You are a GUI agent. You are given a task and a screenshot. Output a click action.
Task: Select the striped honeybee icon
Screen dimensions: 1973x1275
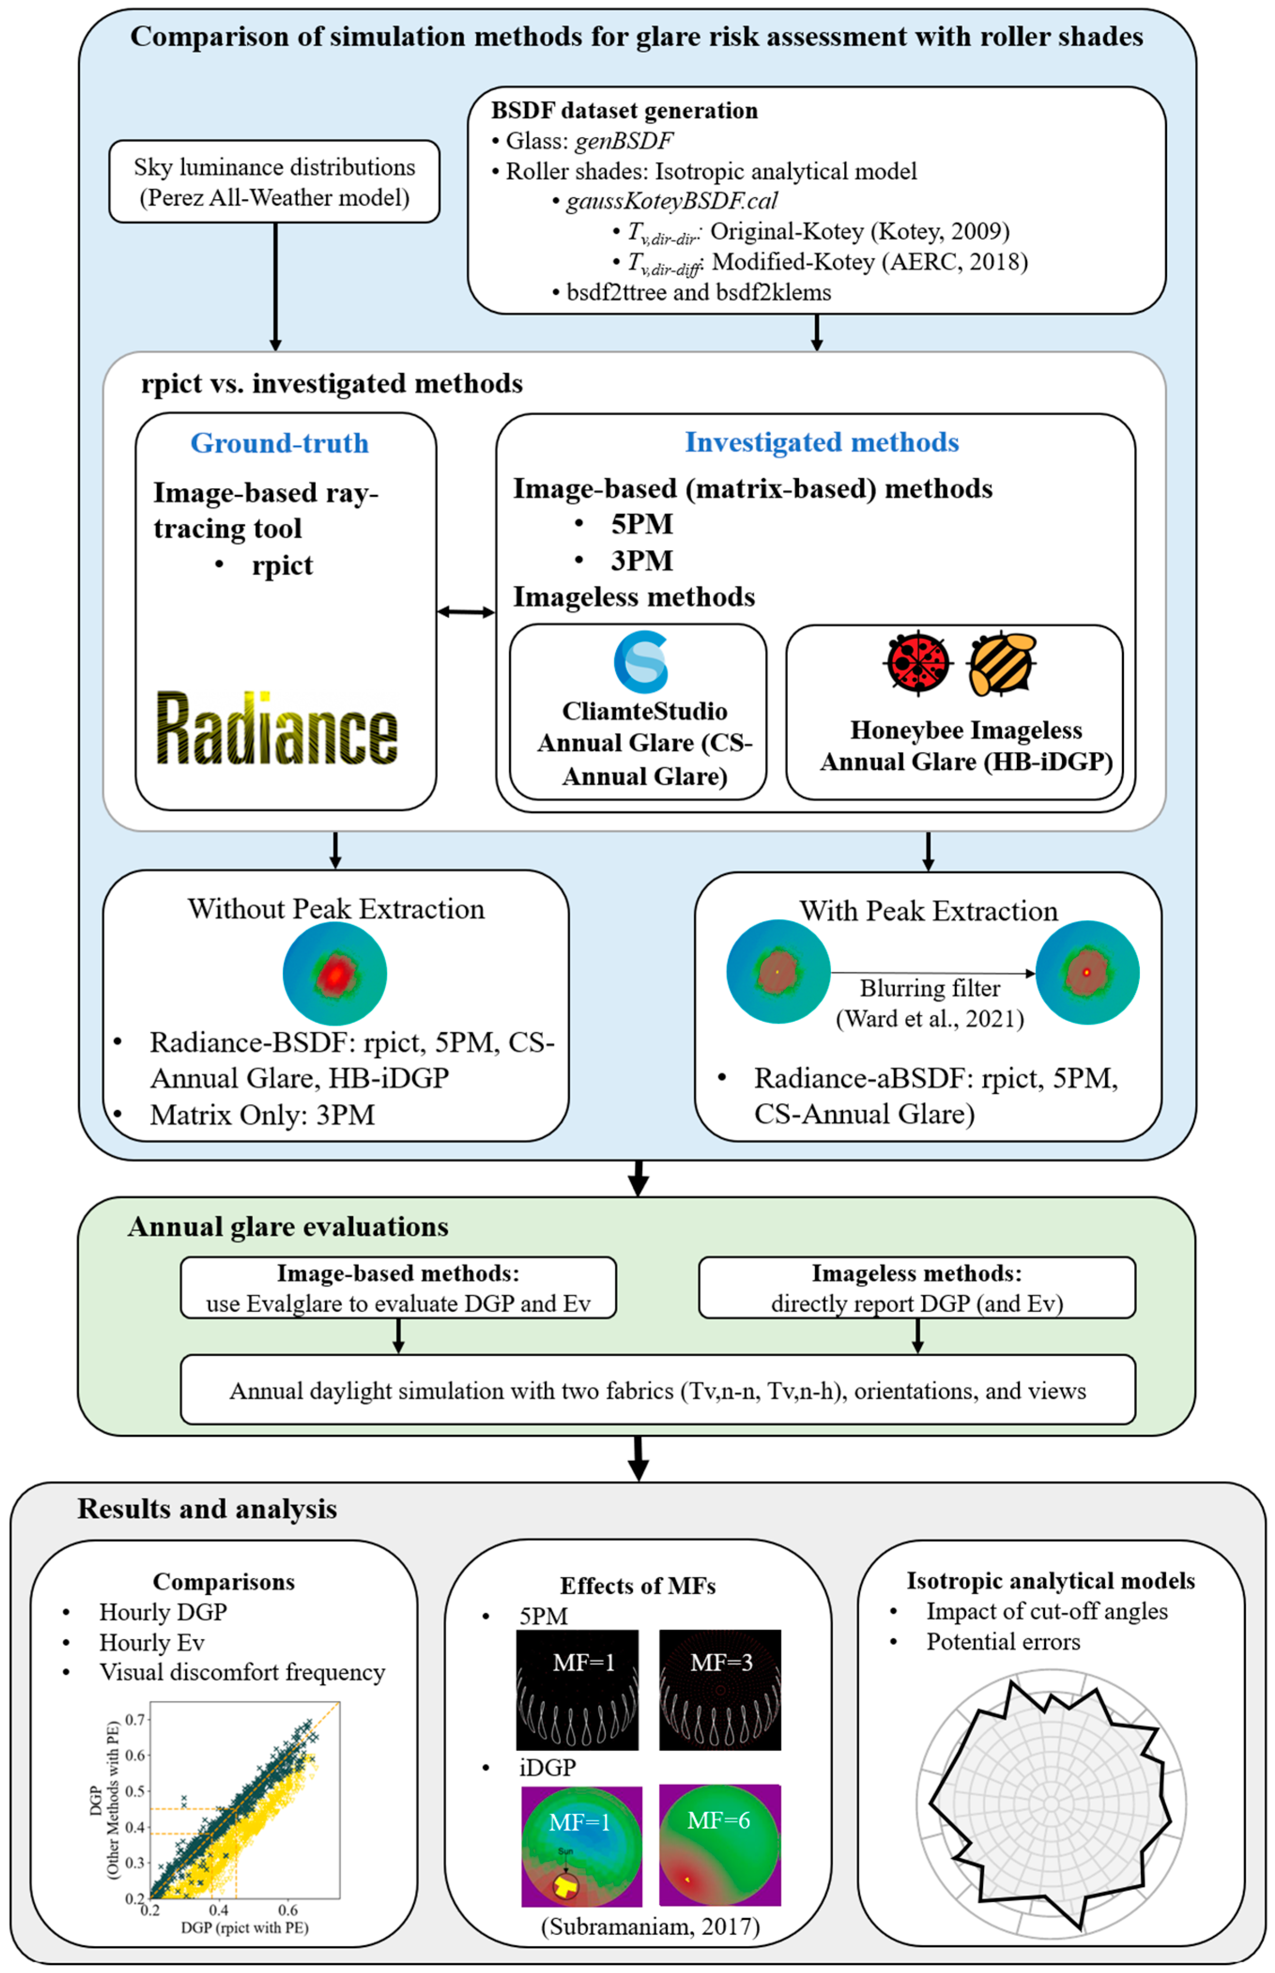click(1002, 663)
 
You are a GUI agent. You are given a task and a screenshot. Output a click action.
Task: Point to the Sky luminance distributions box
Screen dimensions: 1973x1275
click(274, 181)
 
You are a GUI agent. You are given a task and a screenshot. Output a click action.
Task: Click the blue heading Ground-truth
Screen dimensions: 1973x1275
click(280, 443)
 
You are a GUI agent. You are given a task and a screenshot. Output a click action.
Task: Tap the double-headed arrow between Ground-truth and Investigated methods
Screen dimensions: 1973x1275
click(466, 612)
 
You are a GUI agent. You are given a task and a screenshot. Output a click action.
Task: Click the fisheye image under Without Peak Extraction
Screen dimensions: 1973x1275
click(335, 974)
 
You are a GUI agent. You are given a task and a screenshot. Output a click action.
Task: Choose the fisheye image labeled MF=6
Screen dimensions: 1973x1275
click(719, 1845)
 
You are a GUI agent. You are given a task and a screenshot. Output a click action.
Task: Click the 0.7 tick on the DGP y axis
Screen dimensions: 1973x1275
click(137, 1720)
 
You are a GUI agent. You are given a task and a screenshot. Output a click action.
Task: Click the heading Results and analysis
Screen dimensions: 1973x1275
click(207, 1509)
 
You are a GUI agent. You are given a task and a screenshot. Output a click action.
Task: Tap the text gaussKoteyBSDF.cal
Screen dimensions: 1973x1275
click(672, 201)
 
